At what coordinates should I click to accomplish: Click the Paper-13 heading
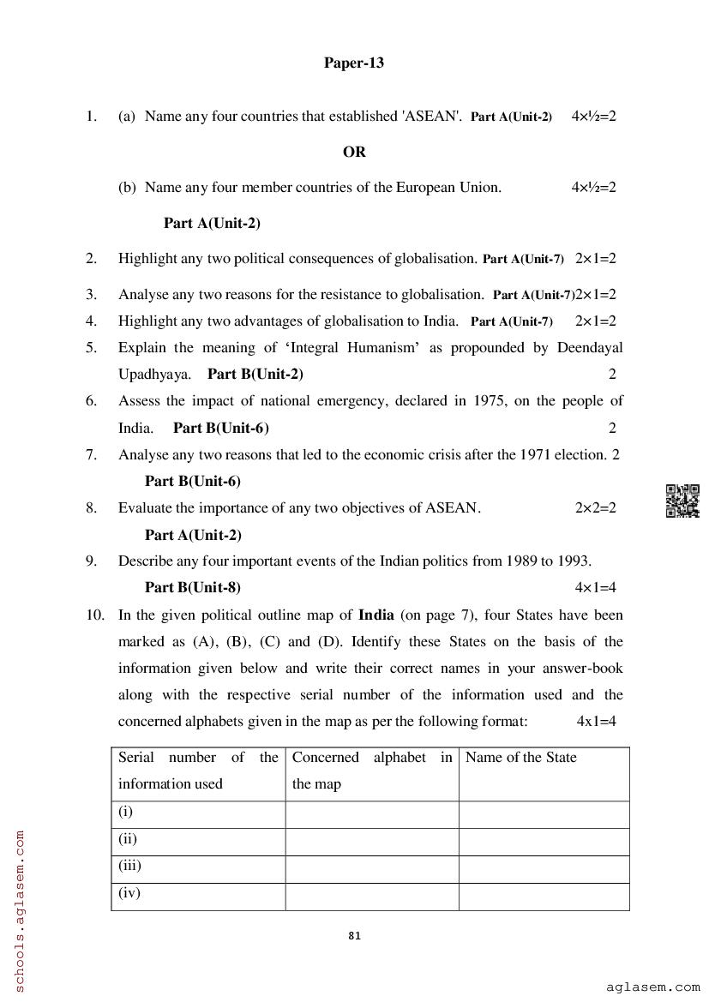tap(353, 63)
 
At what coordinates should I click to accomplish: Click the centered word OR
tap(354, 152)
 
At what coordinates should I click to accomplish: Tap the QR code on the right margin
tap(682, 501)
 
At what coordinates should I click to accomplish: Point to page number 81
tap(355, 936)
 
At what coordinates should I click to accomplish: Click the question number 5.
tap(91, 347)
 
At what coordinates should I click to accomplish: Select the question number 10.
tap(94, 615)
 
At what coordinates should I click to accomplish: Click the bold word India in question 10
tap(376, 615)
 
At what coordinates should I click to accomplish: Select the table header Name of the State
tap(520, 757)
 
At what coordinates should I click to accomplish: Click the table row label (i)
tap(125, 811)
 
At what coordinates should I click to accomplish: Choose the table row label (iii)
tap(129, 866)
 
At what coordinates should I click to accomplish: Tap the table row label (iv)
tap(129, 892)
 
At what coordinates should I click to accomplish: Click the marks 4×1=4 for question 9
tap(595, 587)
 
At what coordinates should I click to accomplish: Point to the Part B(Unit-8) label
tap(193, 587)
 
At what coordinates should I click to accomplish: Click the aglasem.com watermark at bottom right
tap(652, 988)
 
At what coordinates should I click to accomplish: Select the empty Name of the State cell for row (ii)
tap(544, 841)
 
